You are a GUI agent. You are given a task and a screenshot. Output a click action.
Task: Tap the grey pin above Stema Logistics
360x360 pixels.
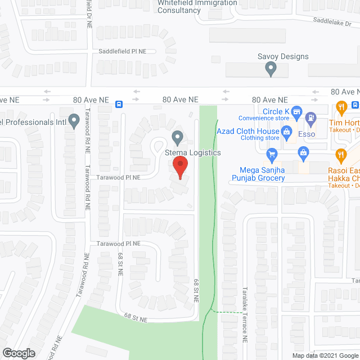point(178,137)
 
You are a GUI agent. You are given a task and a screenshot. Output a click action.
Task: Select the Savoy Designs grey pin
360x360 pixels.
point(271,69)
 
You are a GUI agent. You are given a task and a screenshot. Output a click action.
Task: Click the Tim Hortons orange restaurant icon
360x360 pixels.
point(340,106)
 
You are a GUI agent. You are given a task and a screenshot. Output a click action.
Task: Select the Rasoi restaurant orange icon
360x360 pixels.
point(340,154)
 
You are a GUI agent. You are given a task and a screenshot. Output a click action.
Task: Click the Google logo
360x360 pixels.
point(18,353)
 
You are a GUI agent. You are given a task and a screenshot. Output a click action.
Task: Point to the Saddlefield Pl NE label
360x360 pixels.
point(123,51)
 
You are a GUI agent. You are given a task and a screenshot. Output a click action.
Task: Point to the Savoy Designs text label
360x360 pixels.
point(283,56)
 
